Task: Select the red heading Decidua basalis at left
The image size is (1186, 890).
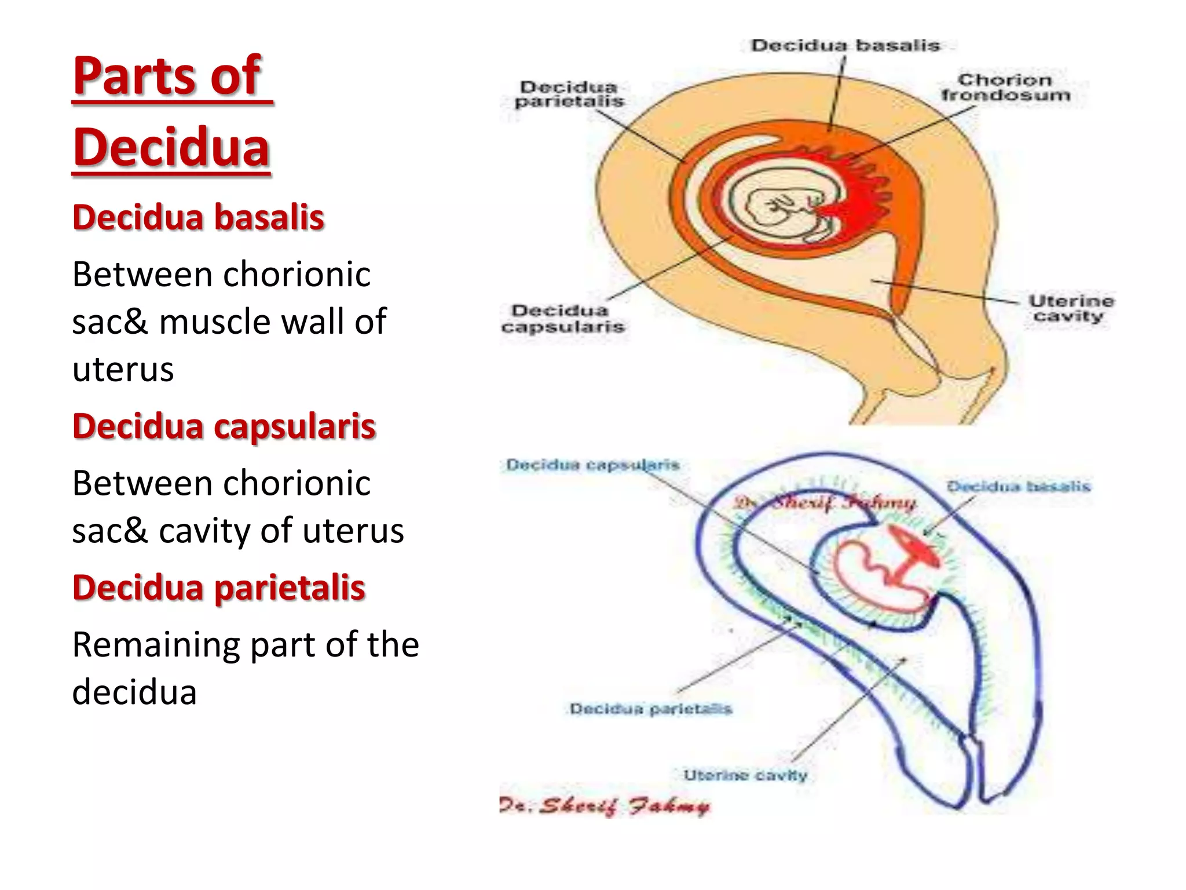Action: (198, 217)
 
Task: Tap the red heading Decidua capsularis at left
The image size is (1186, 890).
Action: (224, 426)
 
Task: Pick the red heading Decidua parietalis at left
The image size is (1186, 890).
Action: (219, 588)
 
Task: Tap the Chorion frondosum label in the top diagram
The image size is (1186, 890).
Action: (1005, 87)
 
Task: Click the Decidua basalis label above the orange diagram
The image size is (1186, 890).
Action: (845, 46)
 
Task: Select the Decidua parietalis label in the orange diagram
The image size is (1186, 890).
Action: (569, 94)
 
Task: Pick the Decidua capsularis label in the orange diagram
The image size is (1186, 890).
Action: (563, 319)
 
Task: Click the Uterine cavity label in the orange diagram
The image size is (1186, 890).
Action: (1070, 308)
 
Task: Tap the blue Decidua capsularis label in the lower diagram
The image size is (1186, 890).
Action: (592, 465)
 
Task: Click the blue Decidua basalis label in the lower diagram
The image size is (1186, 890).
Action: (1018, 486)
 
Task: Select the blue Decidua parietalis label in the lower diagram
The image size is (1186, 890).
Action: (650, 709)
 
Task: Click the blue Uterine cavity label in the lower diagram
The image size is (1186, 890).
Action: (745, 775)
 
